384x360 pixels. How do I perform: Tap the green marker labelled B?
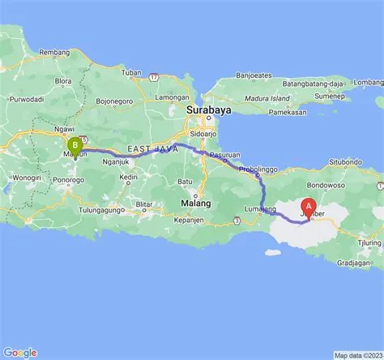(75, 147)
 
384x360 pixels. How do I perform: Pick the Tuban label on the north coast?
(131, 72)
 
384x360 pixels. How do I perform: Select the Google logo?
(20, 352)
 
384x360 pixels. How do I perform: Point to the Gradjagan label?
(354, 263)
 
